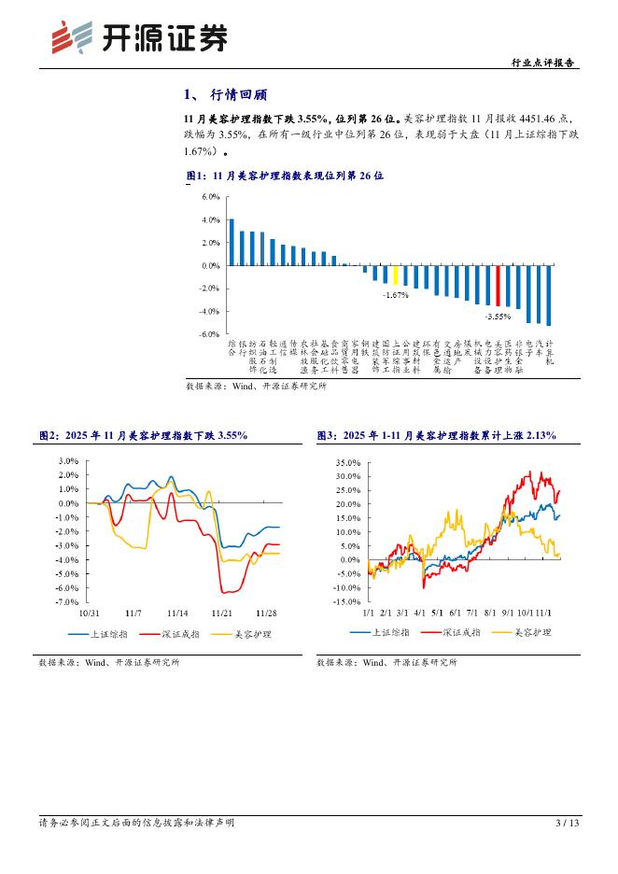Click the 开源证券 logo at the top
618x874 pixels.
click(x=139, y=37)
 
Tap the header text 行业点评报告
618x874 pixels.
click(x=544, y=63)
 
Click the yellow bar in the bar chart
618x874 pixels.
click(x=395, y=275)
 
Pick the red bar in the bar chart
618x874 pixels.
click(x=498, y=286)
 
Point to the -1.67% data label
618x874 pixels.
click(x=395, y=294)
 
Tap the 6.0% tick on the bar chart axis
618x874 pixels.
click(x=210, y=197)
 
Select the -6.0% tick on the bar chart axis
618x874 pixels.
click(x=209, y=333)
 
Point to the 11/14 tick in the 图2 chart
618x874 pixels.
click(x=178, y=613)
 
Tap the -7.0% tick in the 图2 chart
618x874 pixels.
click(x=67, y=602)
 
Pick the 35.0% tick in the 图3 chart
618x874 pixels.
click(x=346, y=462)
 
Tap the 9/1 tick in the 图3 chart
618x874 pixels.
click(x=508, y=613)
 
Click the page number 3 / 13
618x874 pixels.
click(x=567, y=823)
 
